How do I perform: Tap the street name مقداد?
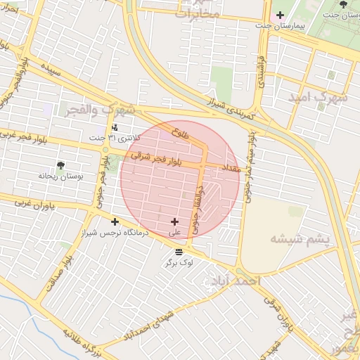tap(231, 169)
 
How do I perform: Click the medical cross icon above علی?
tap(175, 221)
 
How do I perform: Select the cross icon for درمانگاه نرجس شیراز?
tap(115, 221)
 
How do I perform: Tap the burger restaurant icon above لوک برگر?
tap(179, 252)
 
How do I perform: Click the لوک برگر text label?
tap(179, 262)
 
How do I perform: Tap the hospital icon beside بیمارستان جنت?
tap(280, 15)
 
